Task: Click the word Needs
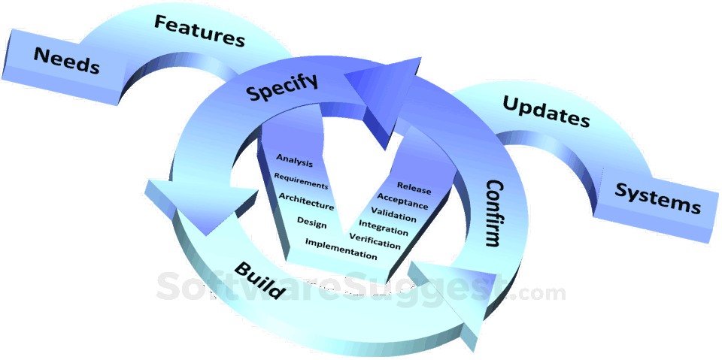pyautogui.click(x=66, y=60)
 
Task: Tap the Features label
pyautogui.click(x=199, y=31)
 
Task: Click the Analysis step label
pyautogui.click(x=294, y=159)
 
